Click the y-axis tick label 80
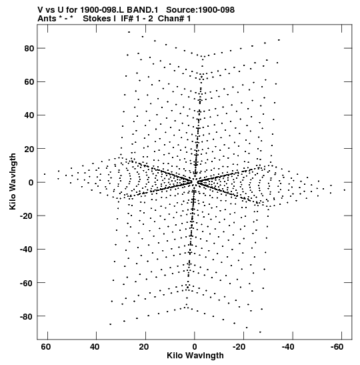pos(29,49)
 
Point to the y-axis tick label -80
pos(27,316)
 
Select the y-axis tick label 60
pos(29,82)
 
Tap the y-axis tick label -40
pos(27,250)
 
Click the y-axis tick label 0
pos(31,183)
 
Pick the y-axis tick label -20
pos(27,216)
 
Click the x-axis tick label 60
pos(46,347)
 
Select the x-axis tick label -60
pos(336,347)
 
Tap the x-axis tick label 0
pos(195,347)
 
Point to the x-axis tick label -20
pos(238,347)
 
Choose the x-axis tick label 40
pos(95,347)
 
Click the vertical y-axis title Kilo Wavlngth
pos(13,181)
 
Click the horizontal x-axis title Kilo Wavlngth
pos(195,356)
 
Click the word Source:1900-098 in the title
pos(201,10)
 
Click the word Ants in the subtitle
pos(47,19)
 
